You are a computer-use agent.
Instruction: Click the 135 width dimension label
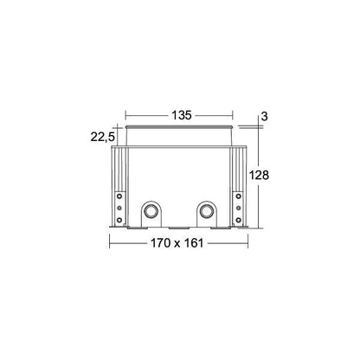click(x=182, y=115)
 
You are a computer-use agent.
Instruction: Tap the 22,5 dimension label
click(x=103, y=137)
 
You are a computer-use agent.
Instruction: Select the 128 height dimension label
click(x=259, y=175)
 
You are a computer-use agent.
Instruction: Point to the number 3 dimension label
click(x=264, y=116)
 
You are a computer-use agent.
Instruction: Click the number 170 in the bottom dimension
click(x=161, y=243)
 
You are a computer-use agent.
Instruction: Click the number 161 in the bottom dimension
click(x=194, y=243)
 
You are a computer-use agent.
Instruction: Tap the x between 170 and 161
click(x=177, y=244)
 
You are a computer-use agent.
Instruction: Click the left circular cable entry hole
click(x=151, y=211)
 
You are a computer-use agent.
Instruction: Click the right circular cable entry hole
click(x=207, y=211)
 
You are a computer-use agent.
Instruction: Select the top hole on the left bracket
click(x=119, y=196)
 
